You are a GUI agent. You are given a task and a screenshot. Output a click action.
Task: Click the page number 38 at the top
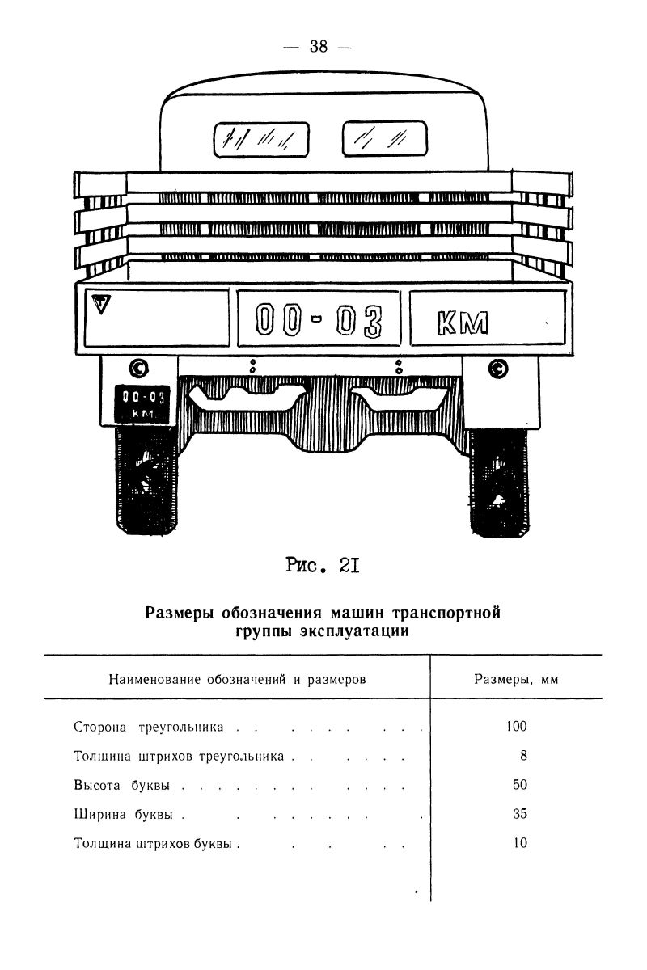[x=318, y=47]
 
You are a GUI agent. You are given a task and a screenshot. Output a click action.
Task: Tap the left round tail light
[x=139, y=369]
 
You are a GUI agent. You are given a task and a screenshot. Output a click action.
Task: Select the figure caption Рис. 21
[x=323, y=567]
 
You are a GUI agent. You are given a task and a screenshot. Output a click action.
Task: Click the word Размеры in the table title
[x=180, y=613]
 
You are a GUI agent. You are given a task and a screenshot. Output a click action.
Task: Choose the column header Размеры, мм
[x=516, y=680]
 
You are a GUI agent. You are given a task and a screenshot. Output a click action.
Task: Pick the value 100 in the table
[x=516, y=726]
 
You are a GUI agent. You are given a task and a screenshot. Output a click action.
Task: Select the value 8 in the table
[x=523, y=756]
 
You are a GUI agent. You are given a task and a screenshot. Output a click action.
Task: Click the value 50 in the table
[x=519, y=785]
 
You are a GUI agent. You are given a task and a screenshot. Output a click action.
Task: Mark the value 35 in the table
[x=519, y=814]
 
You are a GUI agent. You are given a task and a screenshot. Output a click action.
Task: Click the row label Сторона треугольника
[x=148, y=727]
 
